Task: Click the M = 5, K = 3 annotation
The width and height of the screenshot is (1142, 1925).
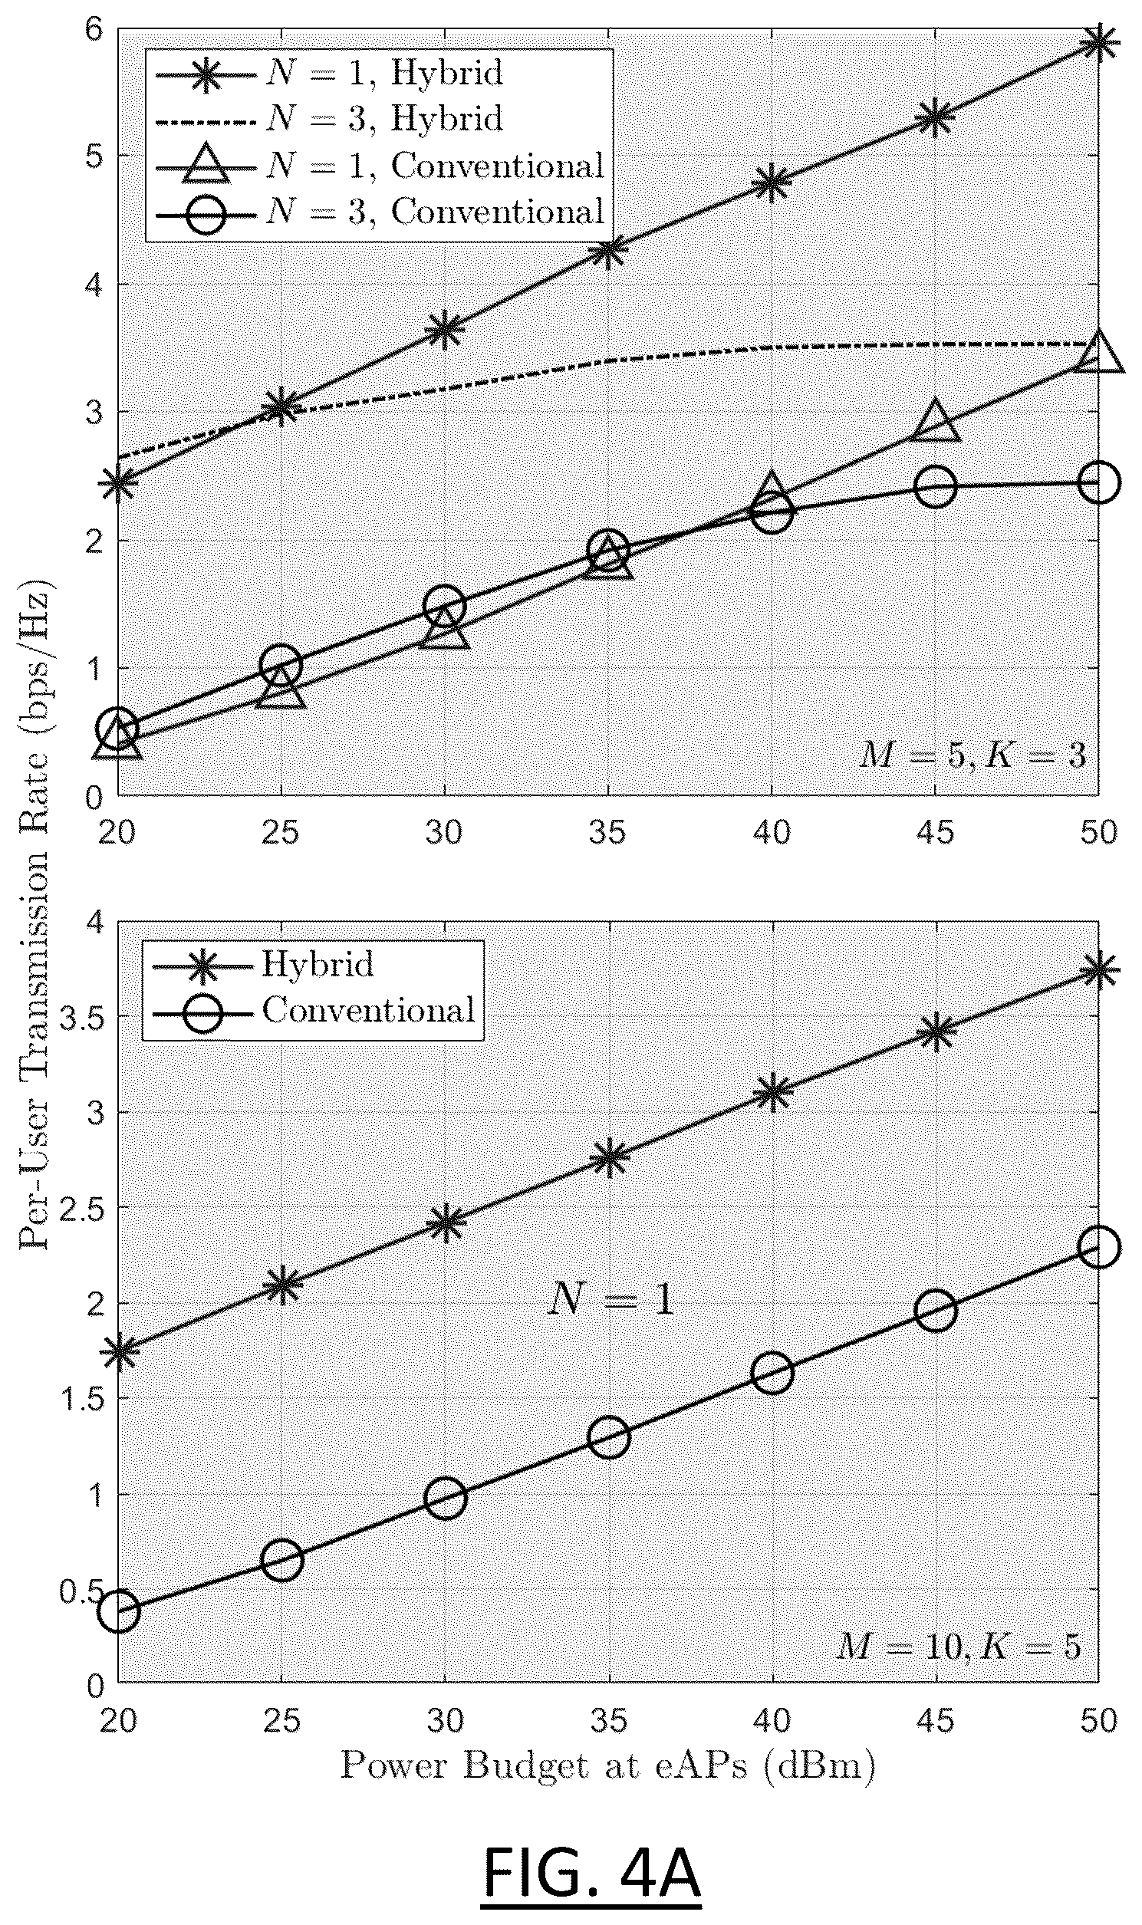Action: coord(973,755)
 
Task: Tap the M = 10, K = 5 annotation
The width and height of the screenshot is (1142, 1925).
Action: coord(959,1647)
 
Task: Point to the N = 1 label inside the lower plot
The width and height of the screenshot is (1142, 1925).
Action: coord(610,1300)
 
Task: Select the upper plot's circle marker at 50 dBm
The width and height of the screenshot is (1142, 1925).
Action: coord(1099,482)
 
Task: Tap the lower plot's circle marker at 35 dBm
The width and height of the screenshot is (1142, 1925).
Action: coord(609,1437)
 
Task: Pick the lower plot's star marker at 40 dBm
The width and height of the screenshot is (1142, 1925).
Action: coord(772,1093)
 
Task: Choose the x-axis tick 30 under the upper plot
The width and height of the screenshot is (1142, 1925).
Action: coord(445,832)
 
